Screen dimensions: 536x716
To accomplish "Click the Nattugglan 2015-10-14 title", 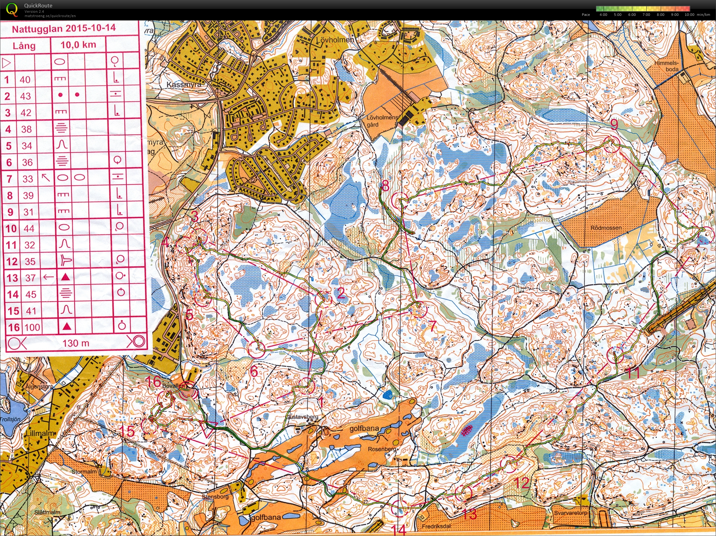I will (64, 28).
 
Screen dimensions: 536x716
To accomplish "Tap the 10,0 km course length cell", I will (78, 45).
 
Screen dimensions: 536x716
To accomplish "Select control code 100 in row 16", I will (32, 327).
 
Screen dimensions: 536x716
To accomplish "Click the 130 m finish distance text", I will (76, 343).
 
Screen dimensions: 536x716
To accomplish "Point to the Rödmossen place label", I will (606, 228).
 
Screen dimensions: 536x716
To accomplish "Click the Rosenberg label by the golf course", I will (382, 449).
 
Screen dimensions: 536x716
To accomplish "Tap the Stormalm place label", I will (84, 472).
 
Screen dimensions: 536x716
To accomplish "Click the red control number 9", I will (614, 125).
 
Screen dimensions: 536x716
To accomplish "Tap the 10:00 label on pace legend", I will (690, 15).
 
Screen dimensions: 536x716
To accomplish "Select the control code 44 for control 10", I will (29, 228).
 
